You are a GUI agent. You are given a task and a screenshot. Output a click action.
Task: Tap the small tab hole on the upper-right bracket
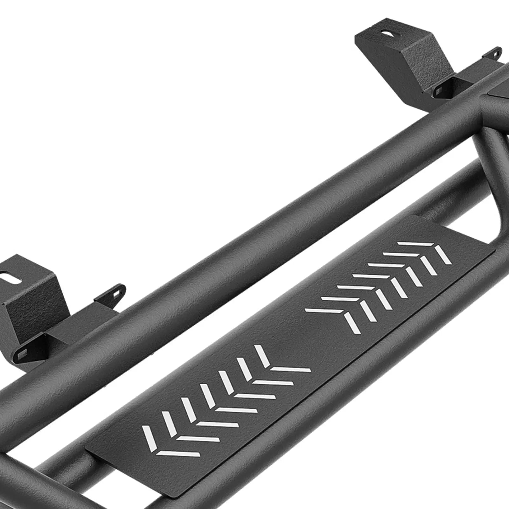[495, 52]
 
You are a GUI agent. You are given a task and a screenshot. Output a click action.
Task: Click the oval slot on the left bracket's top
[6, 274]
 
